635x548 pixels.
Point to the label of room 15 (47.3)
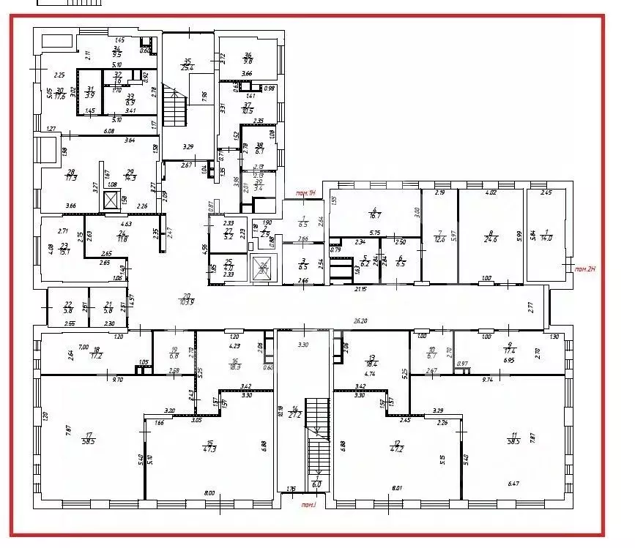click(x=210, y=446)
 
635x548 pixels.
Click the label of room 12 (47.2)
click(x=398, y=446)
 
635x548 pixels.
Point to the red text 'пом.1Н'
click(x=305, y=192)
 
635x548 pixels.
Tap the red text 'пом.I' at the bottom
click(x=308, y=505)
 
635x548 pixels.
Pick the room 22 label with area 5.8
click(x=69, y=308)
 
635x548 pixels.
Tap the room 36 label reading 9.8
click(x=248, y=58)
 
